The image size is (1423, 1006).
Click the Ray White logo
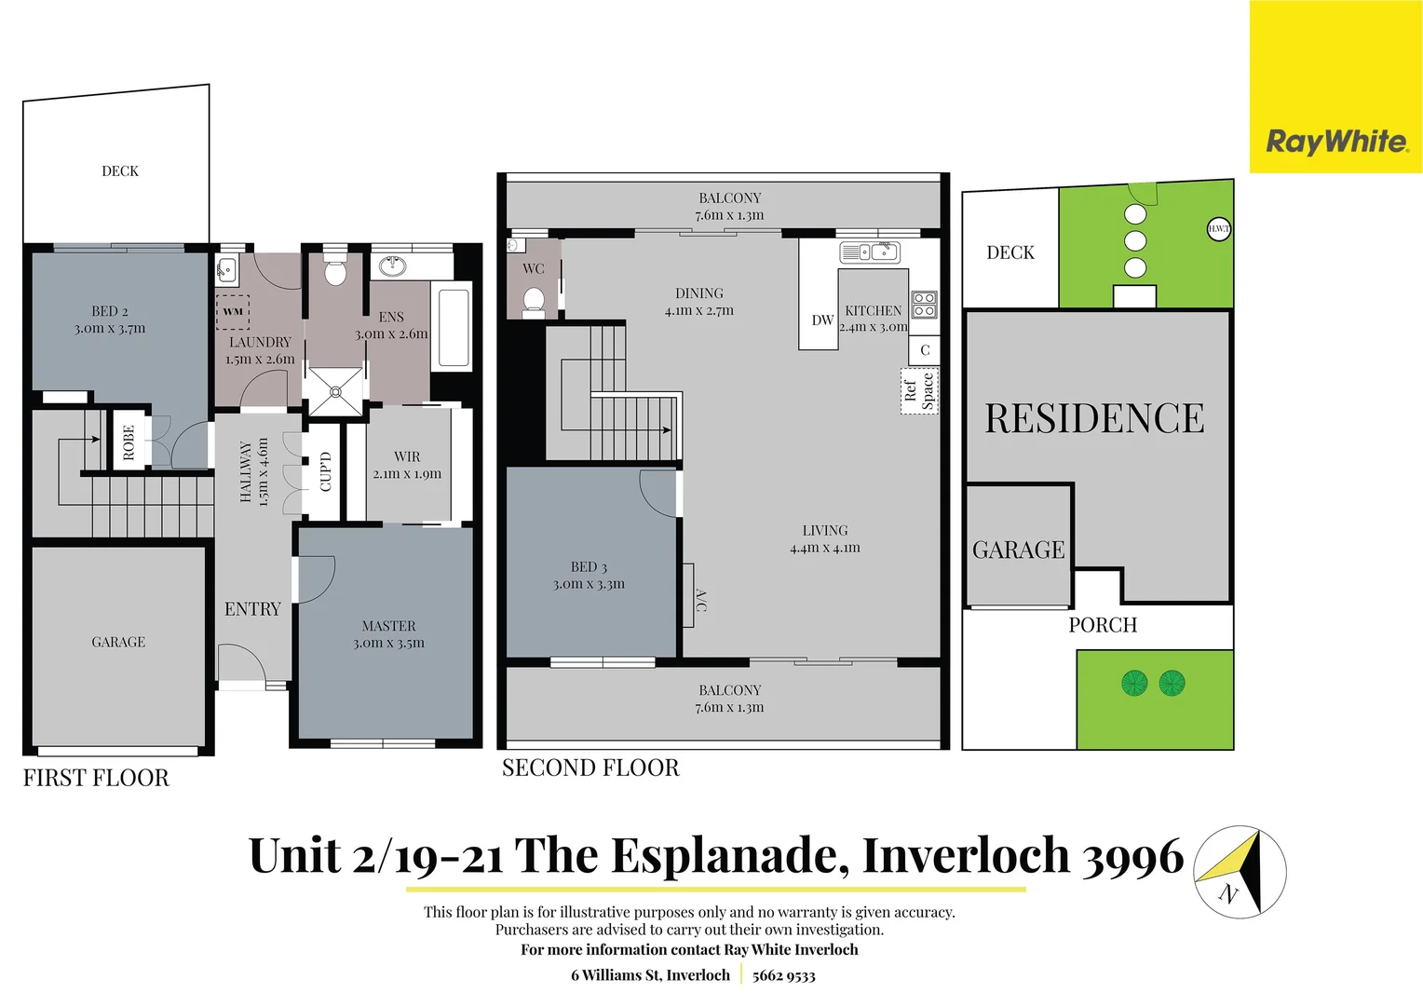pyautogui.click(x=1336, y=142)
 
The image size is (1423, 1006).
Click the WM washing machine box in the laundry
pyautogui.click(x=233, y=311)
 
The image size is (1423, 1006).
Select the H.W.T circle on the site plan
pyautogui.click(x=1218, y=228)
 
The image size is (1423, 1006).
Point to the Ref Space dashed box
pyautogui.click(x=919, y=390)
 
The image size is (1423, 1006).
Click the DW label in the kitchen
pyautogui.click(x=822, y=320)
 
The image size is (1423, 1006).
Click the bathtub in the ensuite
pyautogui.click(x=454, y=328)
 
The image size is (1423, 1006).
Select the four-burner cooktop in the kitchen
pyautogui.click(x=924, y=305)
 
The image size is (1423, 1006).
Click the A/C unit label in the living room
pyautogui.click(x=700, y=601)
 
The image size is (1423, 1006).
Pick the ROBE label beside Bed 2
pyautogui.click(x=129, y=442)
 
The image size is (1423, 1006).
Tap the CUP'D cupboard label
pyautogui.click(x=325, y=471)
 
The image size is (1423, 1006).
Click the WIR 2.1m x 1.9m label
pyautogui.click(x=407, y=465)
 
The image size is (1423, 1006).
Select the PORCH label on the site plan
pyautogui.click(x=1103, y=625)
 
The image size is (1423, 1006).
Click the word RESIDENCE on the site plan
pyautogui.click(x=1094, y=419)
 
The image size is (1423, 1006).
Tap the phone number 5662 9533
pyautogui.click(x=783, y=975)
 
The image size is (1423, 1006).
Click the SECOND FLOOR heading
pyautogui.click(x=590, y=768)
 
